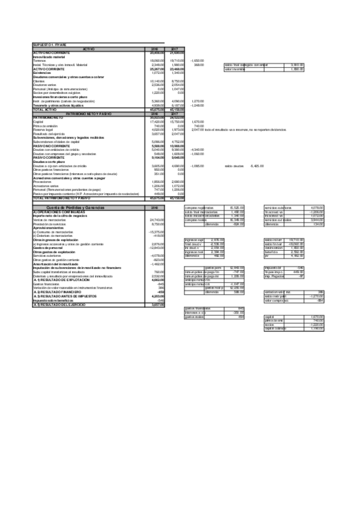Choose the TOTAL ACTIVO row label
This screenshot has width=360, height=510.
[x=46, y=109]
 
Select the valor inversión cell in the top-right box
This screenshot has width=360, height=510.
[x=235, y=69]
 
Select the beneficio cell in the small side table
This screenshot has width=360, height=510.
[x=272, y=252]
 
